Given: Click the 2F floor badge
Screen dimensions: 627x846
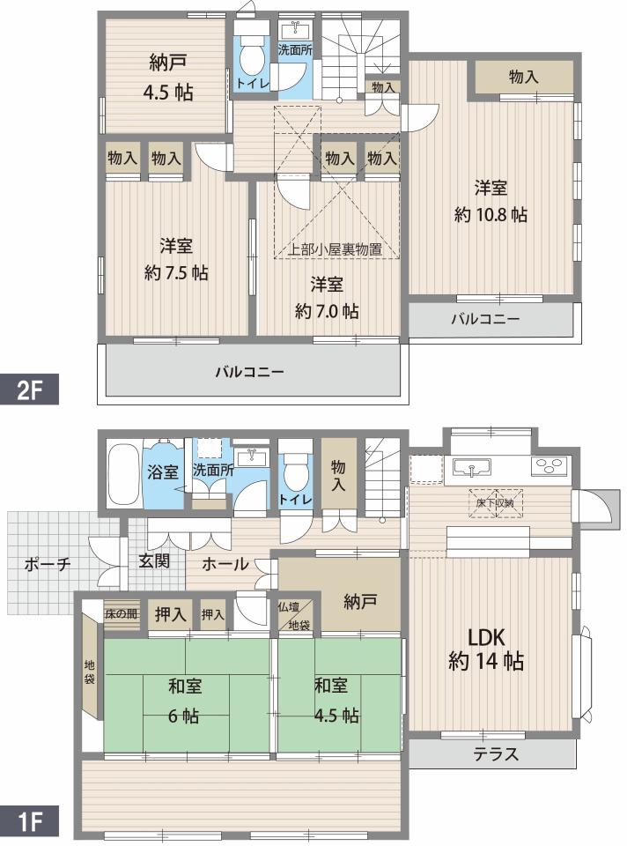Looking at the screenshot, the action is tap(29, 389).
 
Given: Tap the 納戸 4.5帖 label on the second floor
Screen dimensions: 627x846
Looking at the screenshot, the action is tap(167, 78).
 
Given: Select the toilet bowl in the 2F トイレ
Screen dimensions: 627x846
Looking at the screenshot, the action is tap(251, 57).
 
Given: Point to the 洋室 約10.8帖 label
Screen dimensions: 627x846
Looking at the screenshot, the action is tap(491, 201).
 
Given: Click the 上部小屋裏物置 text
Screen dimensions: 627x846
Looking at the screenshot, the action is tap(335, 249).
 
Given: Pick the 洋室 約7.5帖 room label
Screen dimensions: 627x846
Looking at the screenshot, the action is tap(176, 259).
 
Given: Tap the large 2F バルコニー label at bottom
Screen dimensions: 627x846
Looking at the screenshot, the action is tap(249, 372).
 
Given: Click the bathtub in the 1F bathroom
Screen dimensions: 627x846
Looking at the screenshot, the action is tap(124, 474).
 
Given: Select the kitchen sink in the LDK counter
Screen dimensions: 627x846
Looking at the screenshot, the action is tap(472, 467).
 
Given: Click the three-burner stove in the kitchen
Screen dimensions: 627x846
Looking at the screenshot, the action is tap(550, 466).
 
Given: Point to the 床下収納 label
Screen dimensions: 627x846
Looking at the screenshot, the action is tap(495, 503).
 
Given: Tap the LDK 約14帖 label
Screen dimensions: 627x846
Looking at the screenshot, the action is tap(486, 649).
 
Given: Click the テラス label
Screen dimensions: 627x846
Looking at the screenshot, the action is tap(496, 753).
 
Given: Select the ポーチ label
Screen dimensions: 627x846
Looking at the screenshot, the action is tap(48, 564).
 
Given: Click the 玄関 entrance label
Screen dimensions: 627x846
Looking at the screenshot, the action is tap(155, 560).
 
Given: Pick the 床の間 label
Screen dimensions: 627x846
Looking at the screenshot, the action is tap(121, 613).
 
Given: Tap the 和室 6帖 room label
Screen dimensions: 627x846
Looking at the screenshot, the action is tap(184, 701).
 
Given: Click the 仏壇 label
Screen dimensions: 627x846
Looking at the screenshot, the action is tap(289, 607).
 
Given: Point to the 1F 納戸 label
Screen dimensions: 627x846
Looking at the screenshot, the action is tap(360, 602).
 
